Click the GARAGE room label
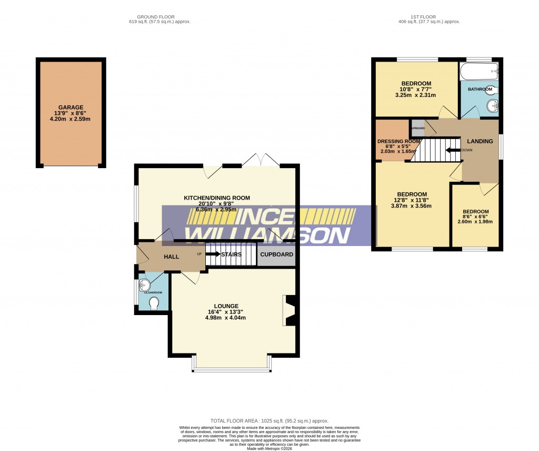pyautogui.click(x=71, y=107)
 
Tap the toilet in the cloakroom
pyautogui.click(x=154, y=304)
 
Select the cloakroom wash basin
pyautogui.click(x=145, y=286)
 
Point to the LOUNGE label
pyautogui.click(x=226, y=306)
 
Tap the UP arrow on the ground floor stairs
pyautogui.click(x=213, y=254)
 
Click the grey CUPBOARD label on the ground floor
pyautogui.click(x=276, y=254)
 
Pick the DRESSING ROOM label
pyautogui.click(x=398, y=141)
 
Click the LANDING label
pyautogui.click(x=480, y=141)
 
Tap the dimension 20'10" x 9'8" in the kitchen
pyautogui.click(x=216, y=203)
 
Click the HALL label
pyautogui.click(x=171, y=257)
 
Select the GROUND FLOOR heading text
pyautogui.click(x=156, y=17)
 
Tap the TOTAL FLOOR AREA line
pyautogui.click(x=269, y=420)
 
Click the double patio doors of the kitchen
pyautogui.click(x=261, y=160)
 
